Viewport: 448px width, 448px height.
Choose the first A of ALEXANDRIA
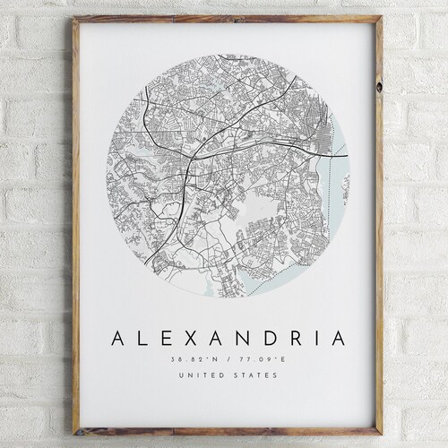click(117, 339)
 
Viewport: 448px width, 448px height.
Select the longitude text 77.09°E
click(254, 358)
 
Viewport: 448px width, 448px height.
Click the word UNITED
click(203, 375)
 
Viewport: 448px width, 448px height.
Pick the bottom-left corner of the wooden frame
click(75, 434)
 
